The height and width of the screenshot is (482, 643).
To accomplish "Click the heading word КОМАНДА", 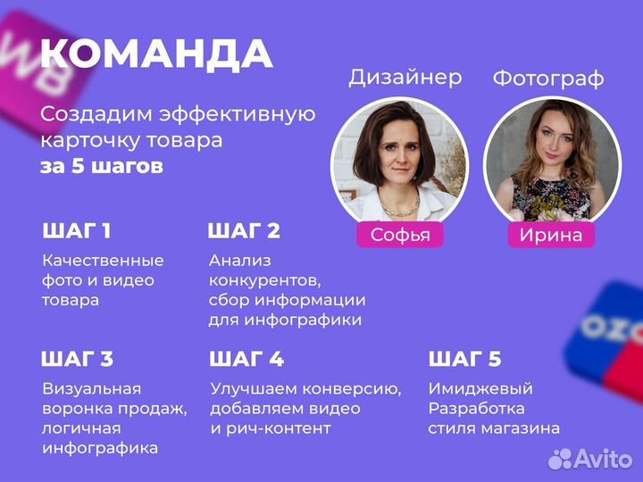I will coord(156,54).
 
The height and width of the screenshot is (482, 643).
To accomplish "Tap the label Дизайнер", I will coord(405,77).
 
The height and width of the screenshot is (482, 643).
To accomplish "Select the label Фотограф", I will coord(547,79).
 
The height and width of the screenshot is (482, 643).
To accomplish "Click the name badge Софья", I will coord(399,235).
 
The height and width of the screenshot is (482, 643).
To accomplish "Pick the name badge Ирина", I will coord(551,235).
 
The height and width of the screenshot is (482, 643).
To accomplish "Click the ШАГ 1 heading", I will coord(77,231).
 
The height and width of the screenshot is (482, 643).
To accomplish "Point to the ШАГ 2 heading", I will coord(244,231).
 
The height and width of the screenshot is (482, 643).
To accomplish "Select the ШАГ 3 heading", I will coord(77,360).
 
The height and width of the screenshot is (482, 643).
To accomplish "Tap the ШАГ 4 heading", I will coord(246,360).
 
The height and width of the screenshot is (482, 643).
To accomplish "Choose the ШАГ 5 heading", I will coord(464,360).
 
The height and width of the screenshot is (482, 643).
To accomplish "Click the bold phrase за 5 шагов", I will coord(101,167).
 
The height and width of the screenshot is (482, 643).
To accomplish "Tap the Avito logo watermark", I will coord(589,459).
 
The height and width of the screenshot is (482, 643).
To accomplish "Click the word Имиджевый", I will coord(480,389).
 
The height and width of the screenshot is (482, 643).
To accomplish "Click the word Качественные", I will coord(103,261).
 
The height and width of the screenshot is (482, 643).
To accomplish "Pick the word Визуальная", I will coord(92,389).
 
